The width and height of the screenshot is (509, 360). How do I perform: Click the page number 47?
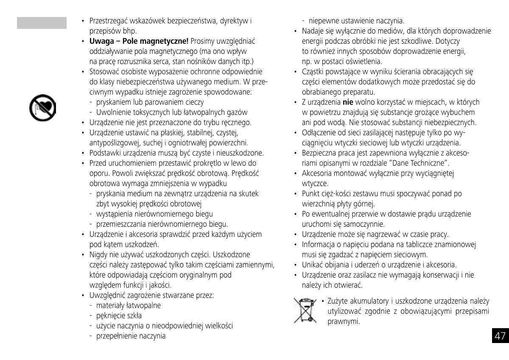[x=500, y=336]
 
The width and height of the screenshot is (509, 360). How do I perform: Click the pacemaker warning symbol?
[x=42, y=107]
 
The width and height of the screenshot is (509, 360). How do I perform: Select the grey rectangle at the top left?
[x=42, y=23]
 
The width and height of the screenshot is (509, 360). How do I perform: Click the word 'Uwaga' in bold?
[x=101, y=41]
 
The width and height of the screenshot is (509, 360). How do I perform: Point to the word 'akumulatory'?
[x=368, y=301]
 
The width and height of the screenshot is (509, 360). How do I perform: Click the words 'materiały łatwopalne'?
[x=129, y=305]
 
